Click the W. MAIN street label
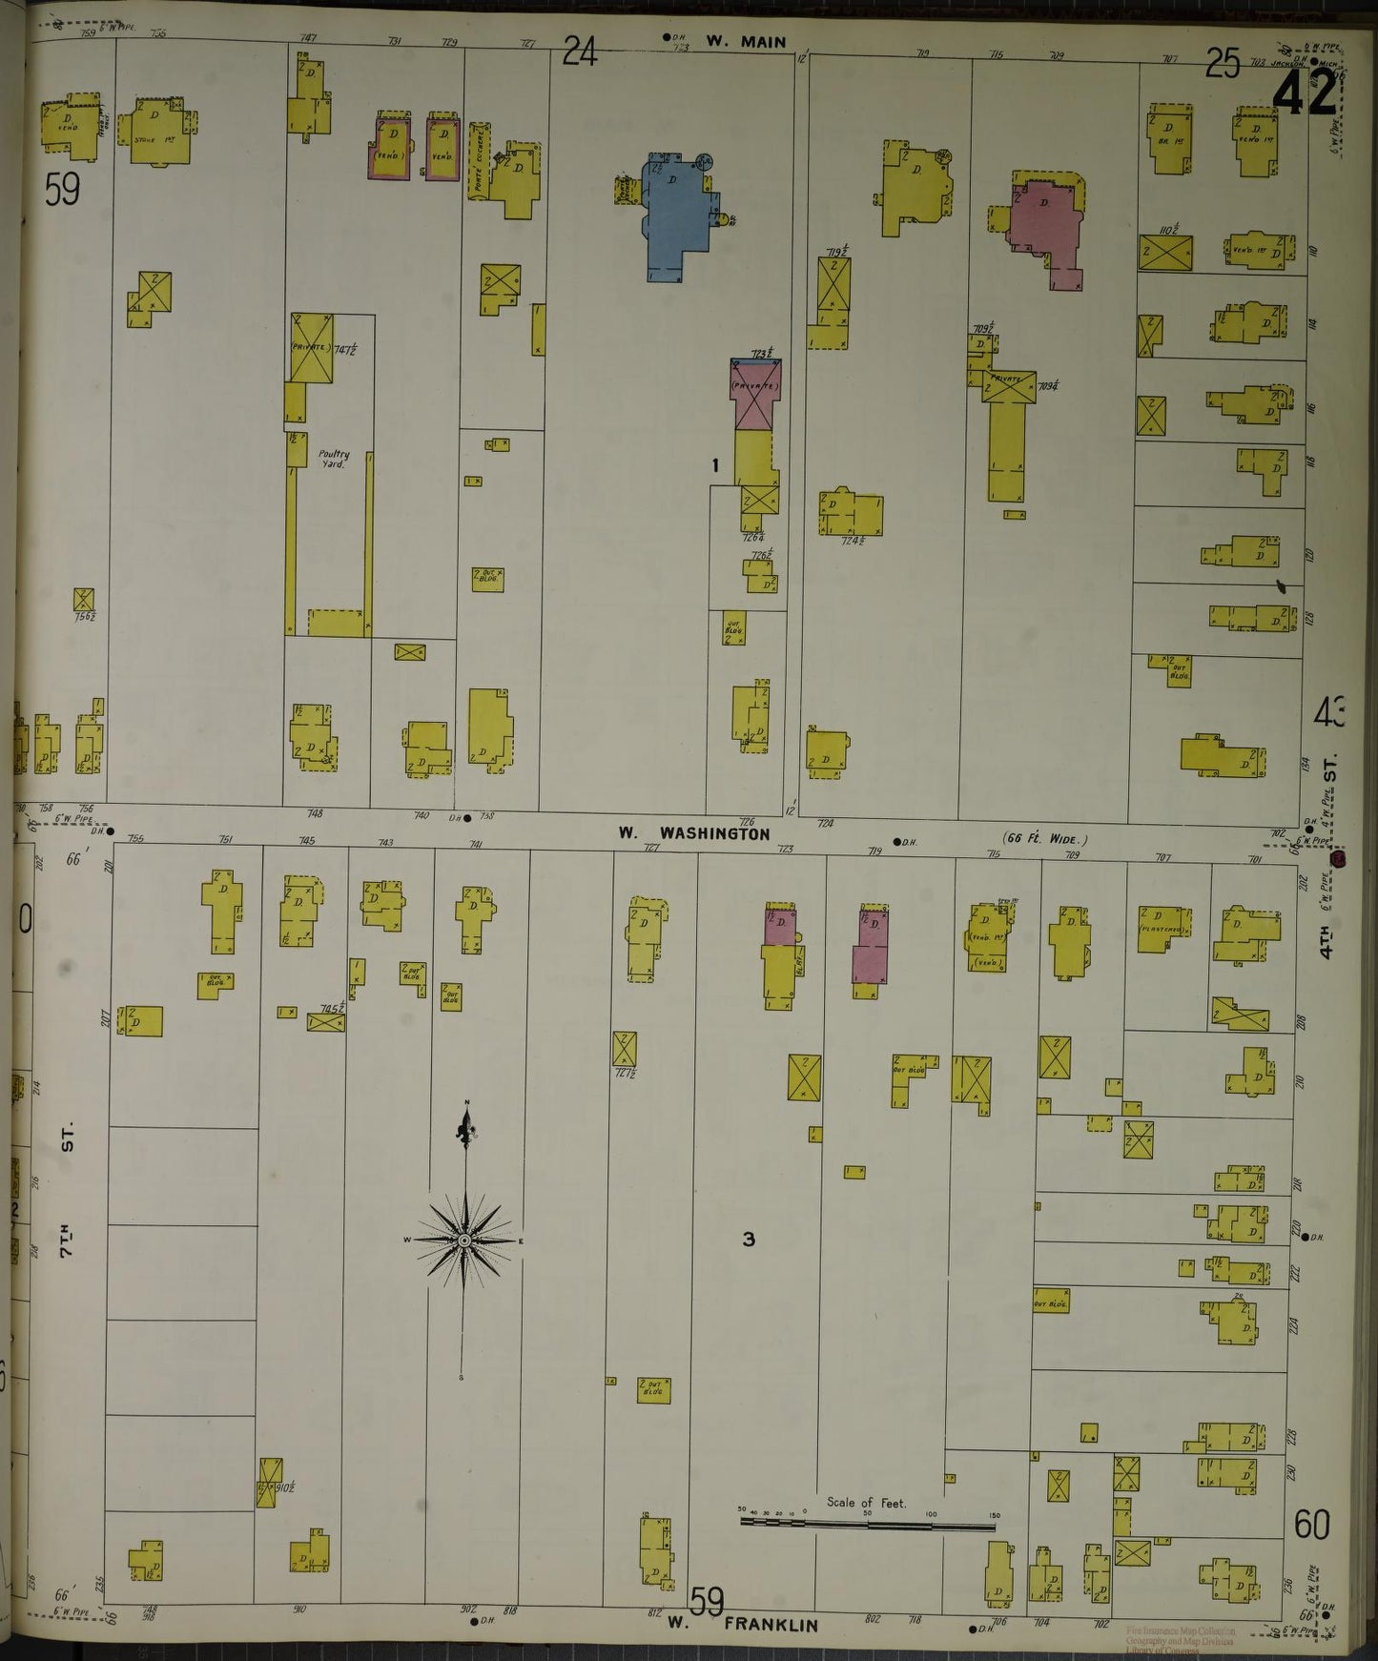(x=746, y=42)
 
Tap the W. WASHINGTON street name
(x=693, y=832)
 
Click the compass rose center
(x=463, y=1241)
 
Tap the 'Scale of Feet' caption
(x=866, y=1503)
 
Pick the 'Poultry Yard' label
(x=334, y=459)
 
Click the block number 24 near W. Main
(x=579, y=51)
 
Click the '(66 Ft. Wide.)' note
(x=1045, y=839)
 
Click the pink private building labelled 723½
(x=756, y=394)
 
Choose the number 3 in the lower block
(x=749, y=1240)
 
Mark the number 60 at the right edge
(x=1312, y=1525)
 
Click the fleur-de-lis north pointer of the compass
(x=466, y=1133)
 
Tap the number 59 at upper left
(x=62, y=191)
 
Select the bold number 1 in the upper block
(x=714, y=465)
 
